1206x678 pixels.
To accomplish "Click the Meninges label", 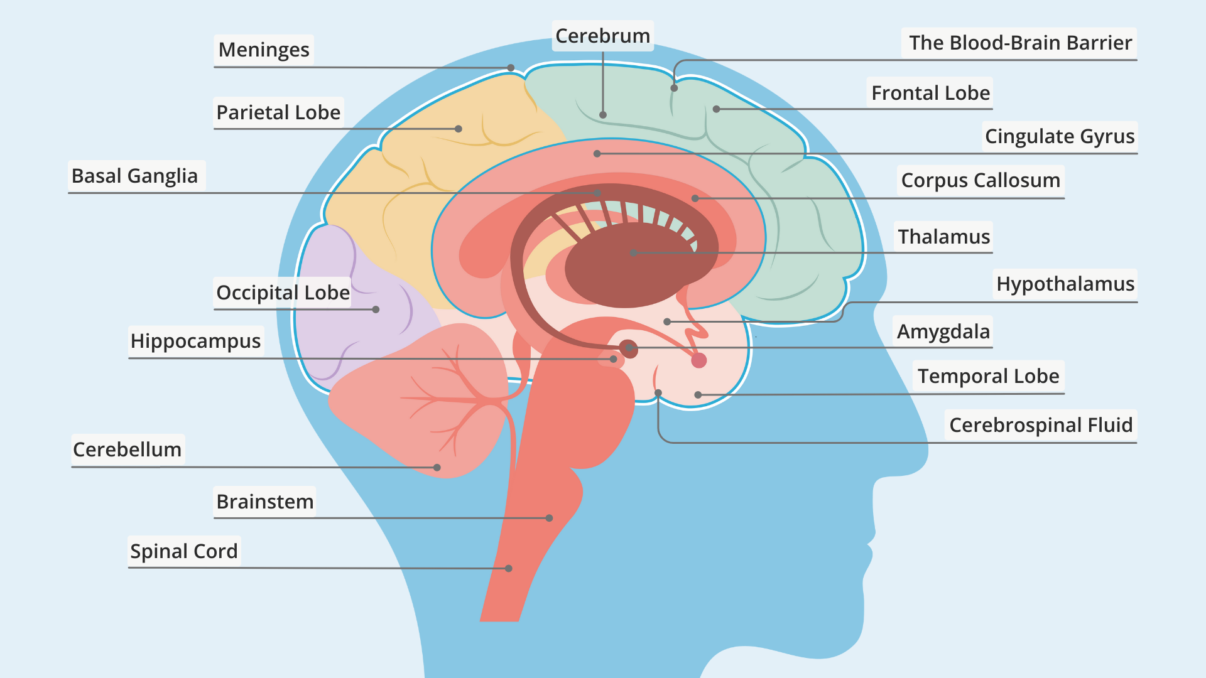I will tap(264, 50).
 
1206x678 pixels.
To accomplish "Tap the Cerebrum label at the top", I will tap(603, 36).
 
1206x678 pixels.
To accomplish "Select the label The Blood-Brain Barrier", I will tap(1020, 43).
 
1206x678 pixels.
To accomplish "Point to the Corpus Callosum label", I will tap(981, 180).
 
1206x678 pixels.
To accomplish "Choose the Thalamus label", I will tap(943, 237).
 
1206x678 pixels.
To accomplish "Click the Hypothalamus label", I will tap(1065, 284).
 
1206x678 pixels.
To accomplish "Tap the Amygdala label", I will tap(943, 331).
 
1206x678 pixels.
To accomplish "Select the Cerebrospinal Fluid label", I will tap(1041, 425).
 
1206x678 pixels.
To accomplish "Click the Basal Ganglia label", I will tap(134, 176).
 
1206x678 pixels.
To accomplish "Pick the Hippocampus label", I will tap(195, 341).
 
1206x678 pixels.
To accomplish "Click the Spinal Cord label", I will tap(184, 551).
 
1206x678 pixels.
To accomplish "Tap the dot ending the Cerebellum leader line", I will tap(437, 468).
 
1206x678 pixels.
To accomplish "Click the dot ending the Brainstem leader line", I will tap(550, 519).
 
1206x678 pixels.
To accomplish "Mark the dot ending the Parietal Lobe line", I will tap(459, 129).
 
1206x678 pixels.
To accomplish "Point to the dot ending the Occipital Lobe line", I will tap(376, 309).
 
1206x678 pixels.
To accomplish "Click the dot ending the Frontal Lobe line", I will tap(716, 109).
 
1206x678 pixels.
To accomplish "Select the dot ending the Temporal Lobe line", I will tap(698, 395).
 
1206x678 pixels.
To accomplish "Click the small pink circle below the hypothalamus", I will tap(699, 360).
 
